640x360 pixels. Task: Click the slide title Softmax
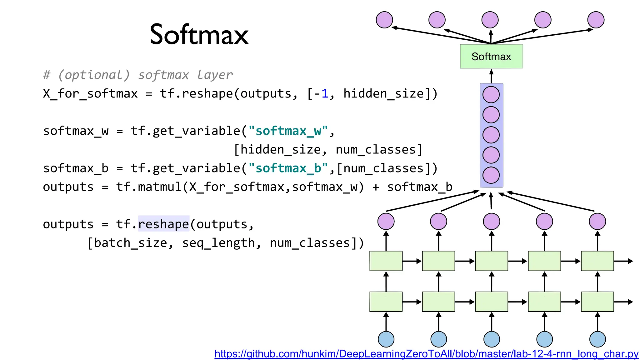(199, 34)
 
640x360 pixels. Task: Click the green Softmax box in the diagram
(491, 57)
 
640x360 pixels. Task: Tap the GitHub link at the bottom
(427, 354)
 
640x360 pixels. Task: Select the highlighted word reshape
(164, 224)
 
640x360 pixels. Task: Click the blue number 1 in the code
(325, 93)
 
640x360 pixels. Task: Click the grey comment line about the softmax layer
(138, 75)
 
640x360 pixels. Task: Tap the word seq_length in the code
(218, 243)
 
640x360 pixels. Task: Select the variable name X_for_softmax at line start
(90, 93)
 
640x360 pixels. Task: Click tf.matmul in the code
(148, 187)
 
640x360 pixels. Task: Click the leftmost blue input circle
(386, 339)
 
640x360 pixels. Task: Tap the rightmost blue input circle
(597, 339)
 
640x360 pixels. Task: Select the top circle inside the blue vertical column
(491, 95)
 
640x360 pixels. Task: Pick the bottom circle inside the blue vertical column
(491, 175)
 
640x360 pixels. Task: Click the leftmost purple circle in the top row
(384, 20)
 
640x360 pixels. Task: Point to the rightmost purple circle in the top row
(596, 20)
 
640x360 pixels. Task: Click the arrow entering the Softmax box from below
(491, 76)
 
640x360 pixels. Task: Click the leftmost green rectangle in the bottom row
(386, 302)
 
